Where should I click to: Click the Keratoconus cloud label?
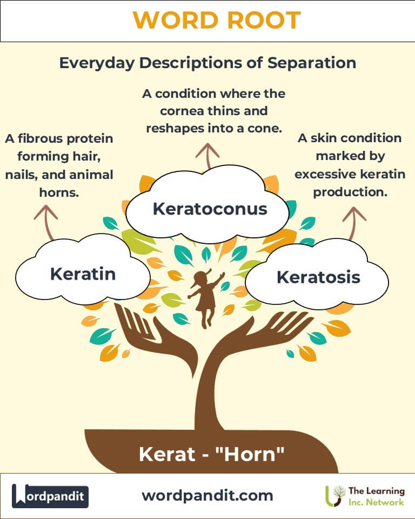(x=210, y=209)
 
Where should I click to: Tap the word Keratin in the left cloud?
(x=83, y=274)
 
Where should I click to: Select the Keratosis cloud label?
(x=318, y=277)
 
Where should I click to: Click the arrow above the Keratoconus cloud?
(x=207, y=156)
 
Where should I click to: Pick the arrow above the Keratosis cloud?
(x=353, y=222)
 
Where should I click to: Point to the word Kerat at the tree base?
(x=167, y=454)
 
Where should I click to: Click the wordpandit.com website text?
(x=207, y=496)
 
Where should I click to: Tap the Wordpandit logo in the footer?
(x=50, y=496)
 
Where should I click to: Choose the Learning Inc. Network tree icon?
(x=335, y=496)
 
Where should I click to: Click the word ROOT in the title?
(x=264, y=20)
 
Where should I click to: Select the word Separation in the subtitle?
(x=312, y=63)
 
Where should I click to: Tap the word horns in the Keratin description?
(x=59, y=192)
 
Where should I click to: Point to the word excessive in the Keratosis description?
(x=325, y=174)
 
